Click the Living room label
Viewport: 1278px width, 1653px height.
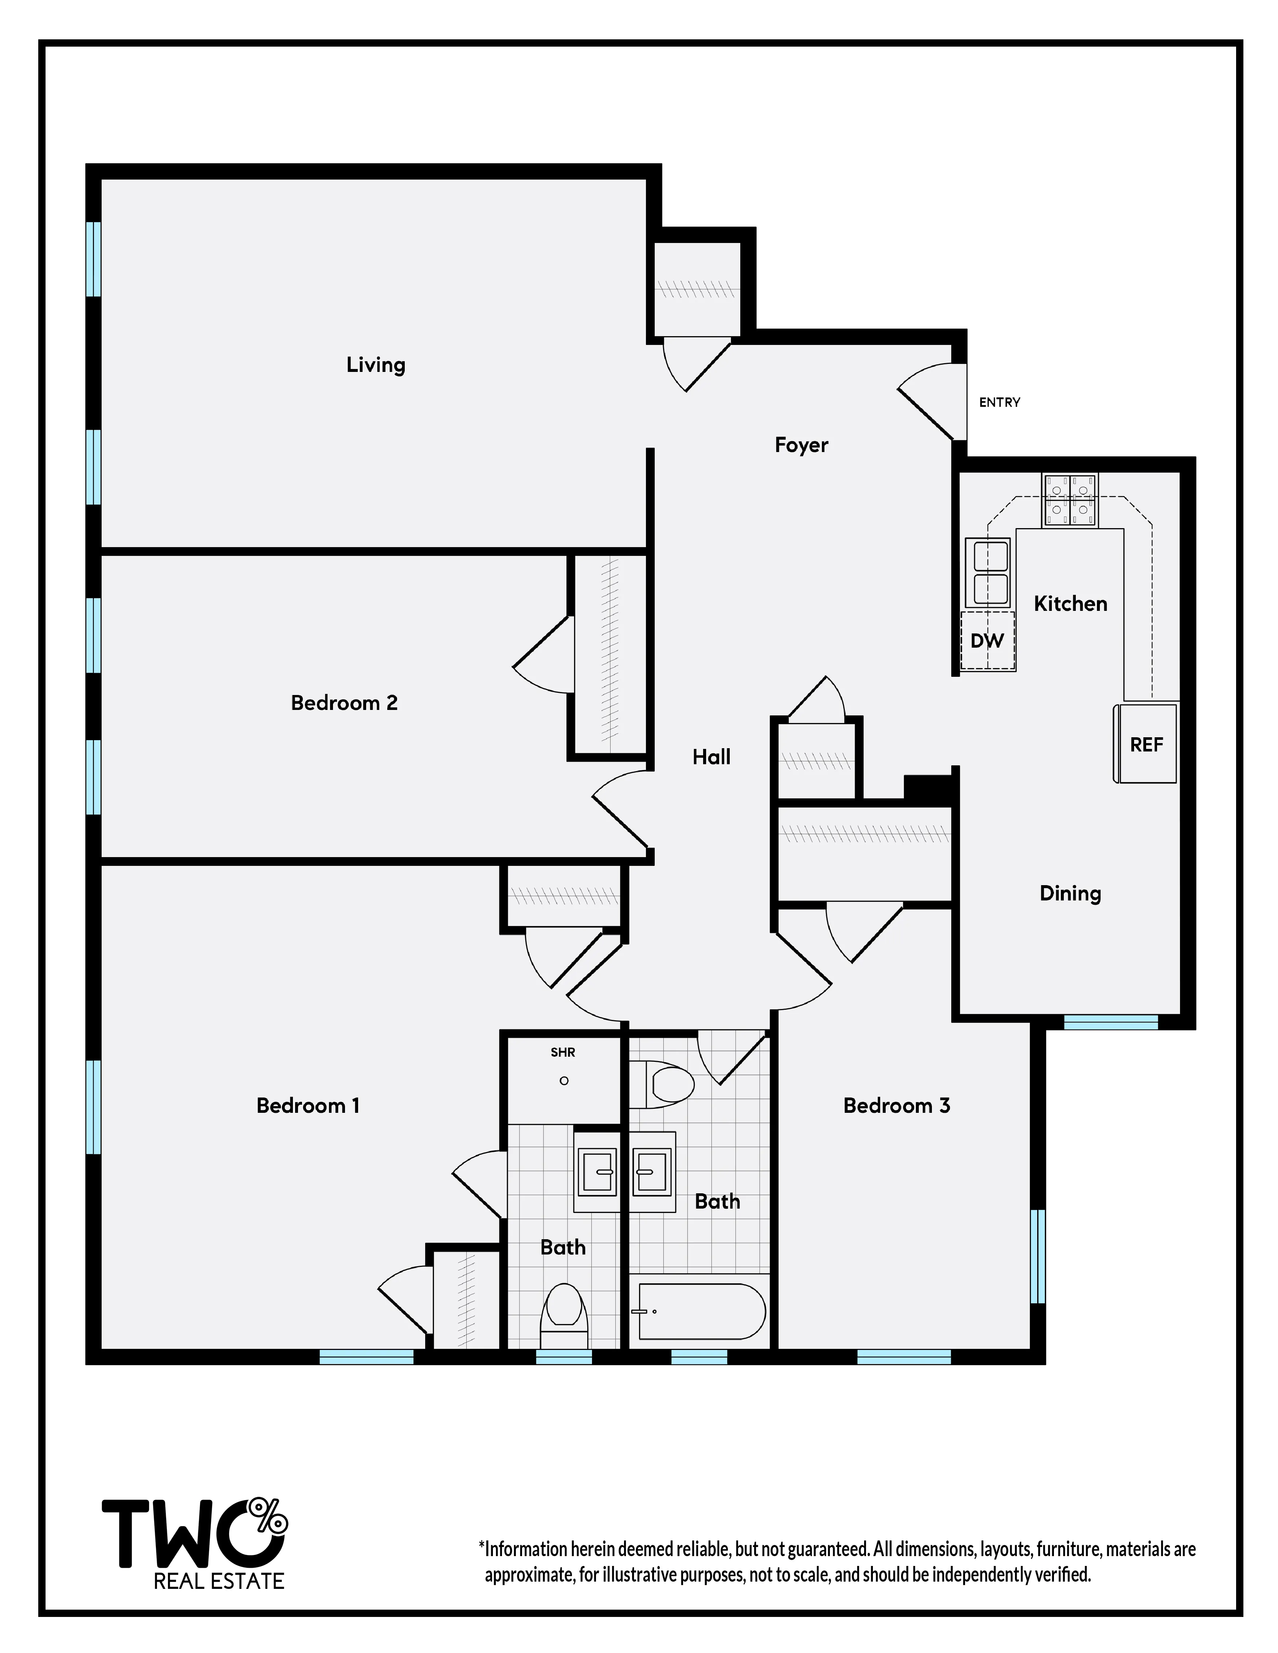(376, 365)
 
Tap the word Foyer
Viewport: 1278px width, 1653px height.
(801, 445)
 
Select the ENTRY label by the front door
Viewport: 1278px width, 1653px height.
(999, 403)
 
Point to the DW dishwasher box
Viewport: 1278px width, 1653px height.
(987, 641)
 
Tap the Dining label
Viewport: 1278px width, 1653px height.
(1070, 894)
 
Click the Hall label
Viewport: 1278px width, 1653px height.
(711, 757)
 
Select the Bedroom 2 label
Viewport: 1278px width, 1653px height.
(344, 703)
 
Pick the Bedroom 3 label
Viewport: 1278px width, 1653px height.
(897, 1106)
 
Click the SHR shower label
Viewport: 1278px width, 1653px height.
(562, 1052)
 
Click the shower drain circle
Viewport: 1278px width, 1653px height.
(563, 1081)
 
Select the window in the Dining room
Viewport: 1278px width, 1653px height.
(1111, 1022)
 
